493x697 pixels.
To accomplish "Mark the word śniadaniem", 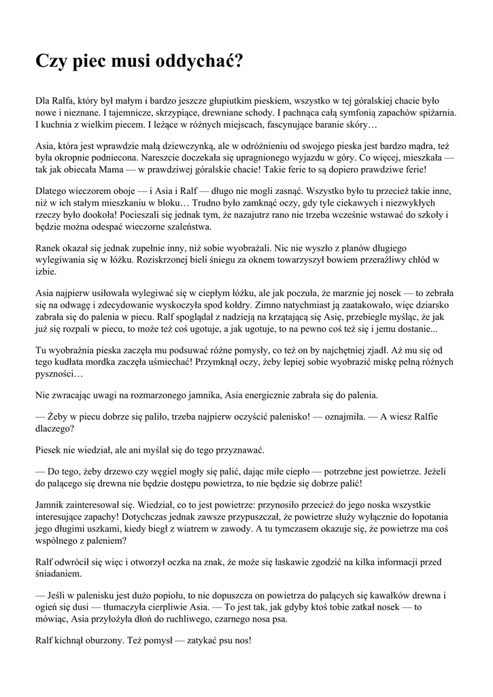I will click(58, 573).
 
